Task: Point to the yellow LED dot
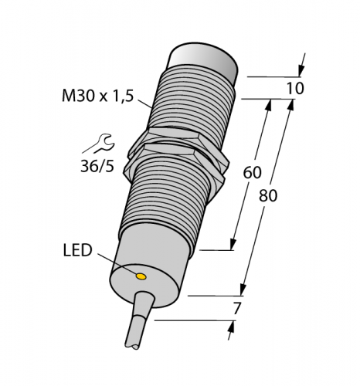(x=141, y=275)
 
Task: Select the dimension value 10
(x=294, y=87)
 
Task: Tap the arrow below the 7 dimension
(x=229, y=331)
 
